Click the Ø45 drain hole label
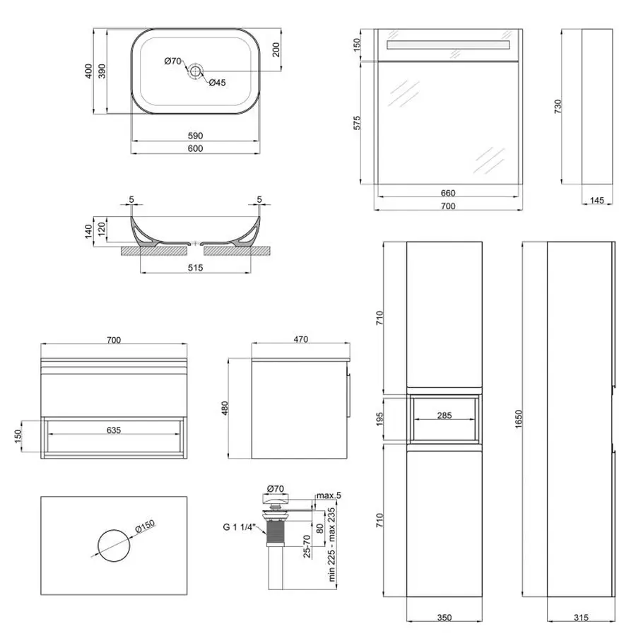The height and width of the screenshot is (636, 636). click(217, 83)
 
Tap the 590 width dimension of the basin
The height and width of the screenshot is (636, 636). click(196, 136)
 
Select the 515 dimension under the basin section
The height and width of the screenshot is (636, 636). click(196, 267)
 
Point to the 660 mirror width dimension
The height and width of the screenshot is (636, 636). click(447, 193)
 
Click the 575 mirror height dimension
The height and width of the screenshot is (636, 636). click(358, 123)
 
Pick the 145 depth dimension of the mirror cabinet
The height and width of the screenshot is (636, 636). click(596, 201)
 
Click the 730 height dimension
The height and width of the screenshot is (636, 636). click(558, 107)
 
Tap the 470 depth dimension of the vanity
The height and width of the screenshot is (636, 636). click(301, 340)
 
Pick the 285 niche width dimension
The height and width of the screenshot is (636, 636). click(444, 416)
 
